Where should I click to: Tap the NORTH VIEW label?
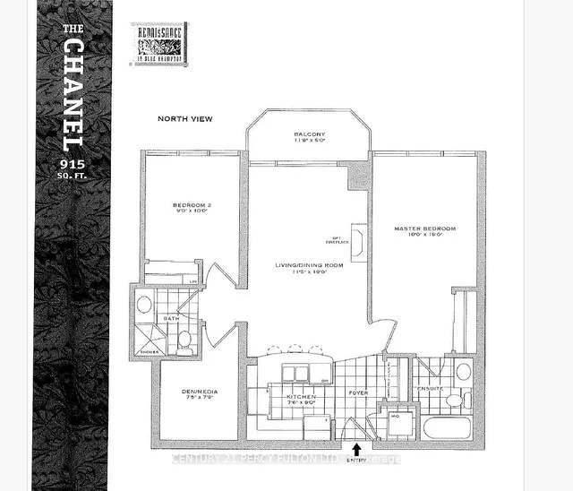pyautogui.click(x=184, y=118)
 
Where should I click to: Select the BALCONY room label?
pyautogui.click(x=309, y=135)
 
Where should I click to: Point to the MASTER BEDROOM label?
pyautogui.click(x=425, y=228)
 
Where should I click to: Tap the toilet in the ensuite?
pyautogui.click(x=463, y=399)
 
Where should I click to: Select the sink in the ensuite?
pyautogui.click(x=463, y=371)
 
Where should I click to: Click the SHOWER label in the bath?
pyautogui.click(x=142, y=352)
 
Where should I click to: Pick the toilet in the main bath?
pyautogui.click(x=184, y=338)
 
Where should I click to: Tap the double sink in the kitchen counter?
pyautogui.click(x=294, y=373)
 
